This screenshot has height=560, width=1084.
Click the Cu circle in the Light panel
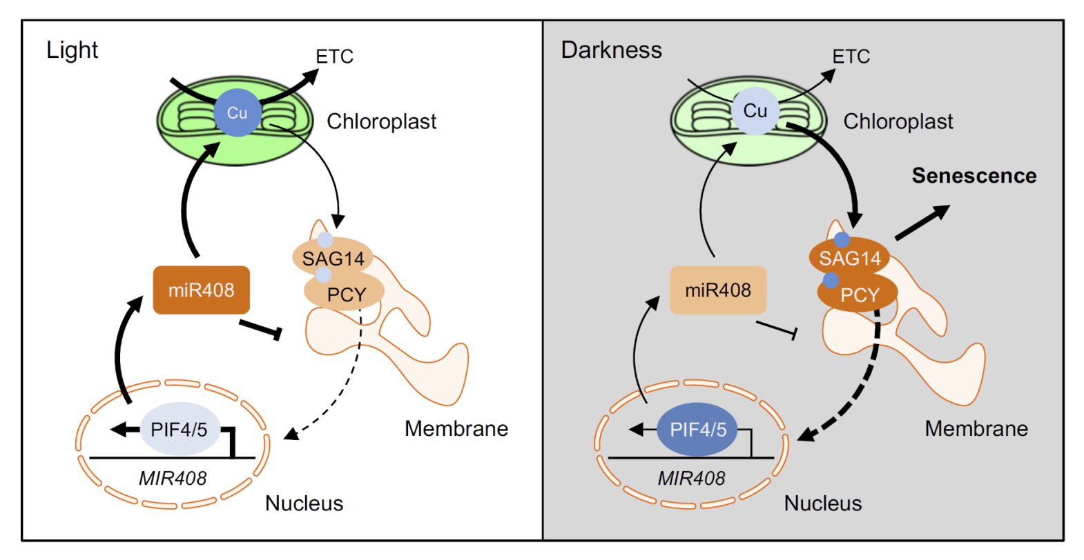[238, 112]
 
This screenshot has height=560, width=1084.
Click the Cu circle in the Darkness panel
[755, 111]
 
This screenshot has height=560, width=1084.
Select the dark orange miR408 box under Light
[202, 290]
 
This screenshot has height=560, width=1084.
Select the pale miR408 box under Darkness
[718, 290]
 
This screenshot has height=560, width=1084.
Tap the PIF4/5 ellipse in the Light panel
[180, 429]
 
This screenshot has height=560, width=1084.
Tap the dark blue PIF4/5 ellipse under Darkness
[697, 429]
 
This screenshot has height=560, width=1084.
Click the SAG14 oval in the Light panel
[333, 257]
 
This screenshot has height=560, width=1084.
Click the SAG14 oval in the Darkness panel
[849, 257]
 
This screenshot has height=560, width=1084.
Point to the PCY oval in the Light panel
[344, 292]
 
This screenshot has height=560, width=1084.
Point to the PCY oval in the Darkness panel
[858, 292]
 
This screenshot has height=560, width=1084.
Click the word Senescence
[974, 175]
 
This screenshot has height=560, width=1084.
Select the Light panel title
[72, 50]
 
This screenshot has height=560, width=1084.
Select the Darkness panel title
[611, 50]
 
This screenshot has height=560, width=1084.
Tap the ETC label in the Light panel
[334, 57]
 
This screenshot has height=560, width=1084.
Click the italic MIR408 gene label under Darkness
[691, 479]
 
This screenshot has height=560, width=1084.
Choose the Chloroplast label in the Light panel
[381, 121]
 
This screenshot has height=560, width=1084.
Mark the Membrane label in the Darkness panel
[976, 428]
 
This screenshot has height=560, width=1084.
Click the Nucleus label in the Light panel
[304, 503]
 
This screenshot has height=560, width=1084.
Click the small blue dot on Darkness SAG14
[842, 239]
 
